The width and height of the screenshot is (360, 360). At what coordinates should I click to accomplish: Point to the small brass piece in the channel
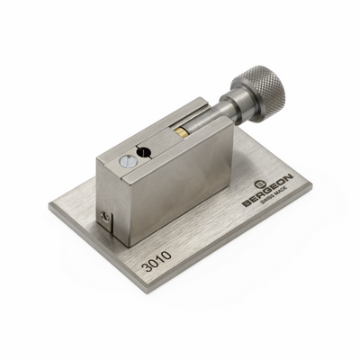tap(182, 133)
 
